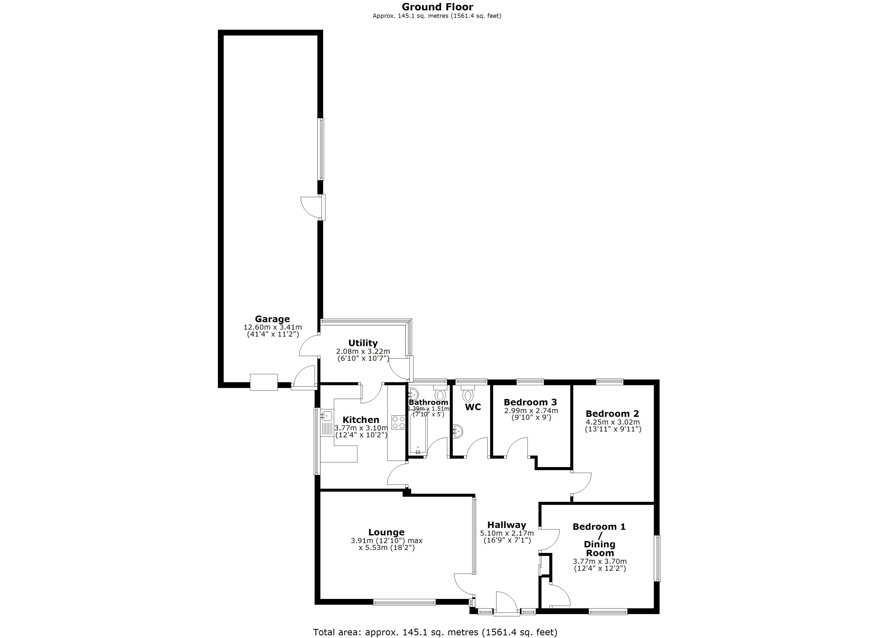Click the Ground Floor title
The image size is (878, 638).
pos(437,7)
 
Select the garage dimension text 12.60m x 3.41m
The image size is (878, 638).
pos(272,327)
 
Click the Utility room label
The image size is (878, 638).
pos(363,343)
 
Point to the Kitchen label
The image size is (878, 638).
pos(361,420)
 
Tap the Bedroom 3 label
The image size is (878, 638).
pos(530,402)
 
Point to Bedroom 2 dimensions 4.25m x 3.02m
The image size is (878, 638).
pos(612,422)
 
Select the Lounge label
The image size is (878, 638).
pos(386,532)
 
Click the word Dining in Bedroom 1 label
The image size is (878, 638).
pos(599,544)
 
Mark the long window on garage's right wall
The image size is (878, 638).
pos(321,149)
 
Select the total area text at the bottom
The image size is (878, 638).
pos(435,632)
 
